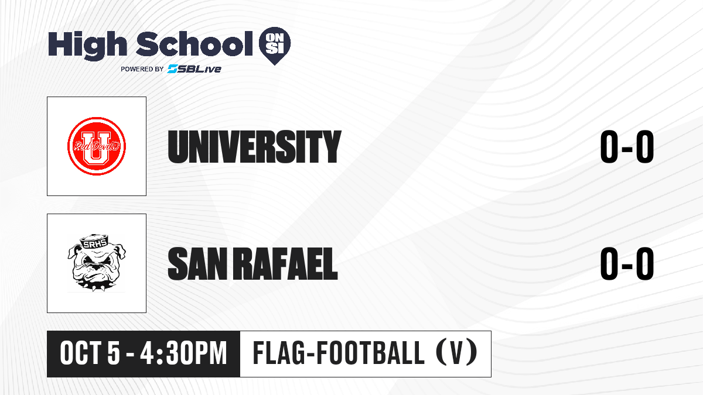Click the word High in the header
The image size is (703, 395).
[x=87, y=45]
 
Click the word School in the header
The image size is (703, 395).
[x=194, y=43]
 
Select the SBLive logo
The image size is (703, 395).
[x=194, y=69]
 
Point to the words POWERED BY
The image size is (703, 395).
[x=142, y=69]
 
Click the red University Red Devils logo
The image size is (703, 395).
[x=97, y=146]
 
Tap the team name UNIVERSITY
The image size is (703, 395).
[x=254, y=147]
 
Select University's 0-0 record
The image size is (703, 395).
[x=627, y=147]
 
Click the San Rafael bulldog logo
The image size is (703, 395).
[x=97, y=263]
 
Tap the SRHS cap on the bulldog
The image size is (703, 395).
[x=94, y=241]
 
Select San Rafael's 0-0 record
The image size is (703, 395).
[x=627, y=264]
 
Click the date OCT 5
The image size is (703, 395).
[x=90, y=353]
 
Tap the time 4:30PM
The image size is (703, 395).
[x=183, y=353]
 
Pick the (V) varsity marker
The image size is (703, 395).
[x=457, y=353]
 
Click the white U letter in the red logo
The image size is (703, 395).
[x=97, y=146]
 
